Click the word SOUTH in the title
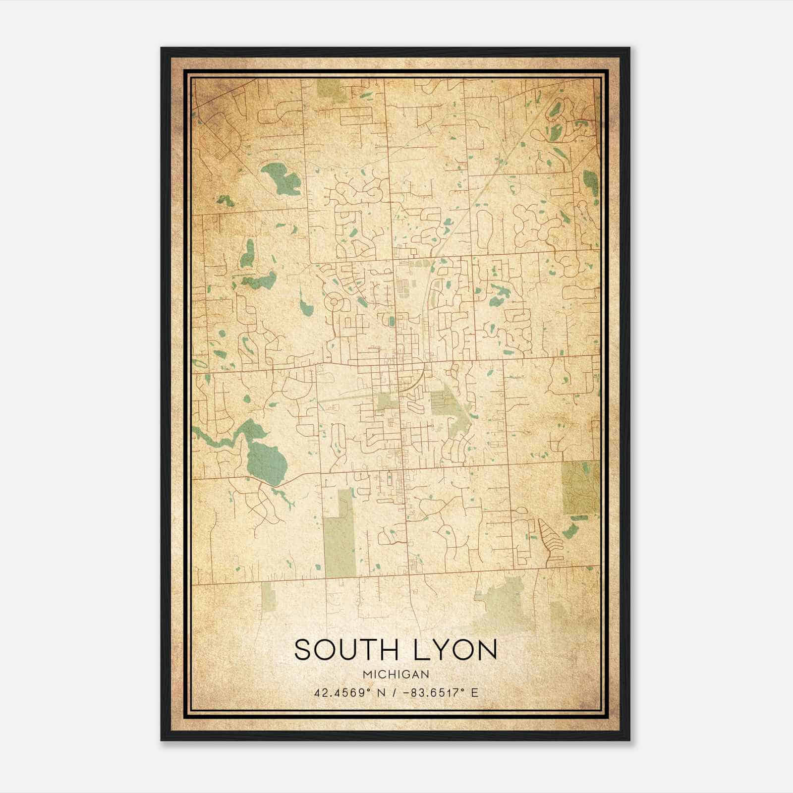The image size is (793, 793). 345,650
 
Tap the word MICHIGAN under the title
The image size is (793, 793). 396,674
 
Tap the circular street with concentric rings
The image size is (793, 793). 334,301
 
